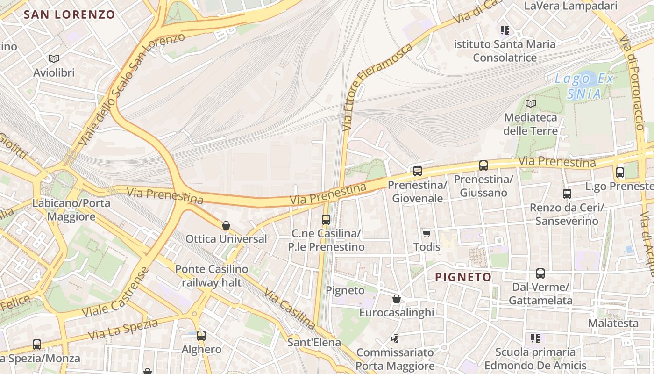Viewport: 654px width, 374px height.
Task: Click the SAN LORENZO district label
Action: (x=69, y=14)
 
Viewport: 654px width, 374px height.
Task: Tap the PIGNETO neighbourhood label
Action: (x=463, y=277)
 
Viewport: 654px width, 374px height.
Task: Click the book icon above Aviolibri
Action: (x=54, y=58)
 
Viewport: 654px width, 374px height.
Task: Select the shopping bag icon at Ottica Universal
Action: (x=226, y=225)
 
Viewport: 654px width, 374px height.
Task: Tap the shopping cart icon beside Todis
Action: (x=427, y=233)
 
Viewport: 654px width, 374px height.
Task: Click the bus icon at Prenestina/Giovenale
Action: (x=418, y=171)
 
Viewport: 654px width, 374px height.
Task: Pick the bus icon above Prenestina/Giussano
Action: (x=483, y=165)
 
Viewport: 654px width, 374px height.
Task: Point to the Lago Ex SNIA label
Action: (x=584, y=86)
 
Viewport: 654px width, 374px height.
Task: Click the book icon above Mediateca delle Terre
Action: (x=531, y=103)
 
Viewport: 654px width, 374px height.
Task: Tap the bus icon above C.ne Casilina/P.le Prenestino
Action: (x=326, y=219)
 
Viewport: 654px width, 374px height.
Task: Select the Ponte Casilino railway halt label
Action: (x=212, y=276)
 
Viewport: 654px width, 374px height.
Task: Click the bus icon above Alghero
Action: (x=201, y=335)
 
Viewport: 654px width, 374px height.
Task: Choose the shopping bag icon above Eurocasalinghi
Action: (x=397, y=298)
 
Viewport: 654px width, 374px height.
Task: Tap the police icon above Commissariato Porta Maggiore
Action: (x=395, y=338)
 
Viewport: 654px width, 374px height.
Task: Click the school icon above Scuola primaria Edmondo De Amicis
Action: (x=535, y=338)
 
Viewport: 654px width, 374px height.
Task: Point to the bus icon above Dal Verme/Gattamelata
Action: (x=540, y=273)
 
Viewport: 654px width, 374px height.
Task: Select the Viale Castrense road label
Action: (x=115, y=292)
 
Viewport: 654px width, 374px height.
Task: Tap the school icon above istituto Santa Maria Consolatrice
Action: (x=505, y=31)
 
